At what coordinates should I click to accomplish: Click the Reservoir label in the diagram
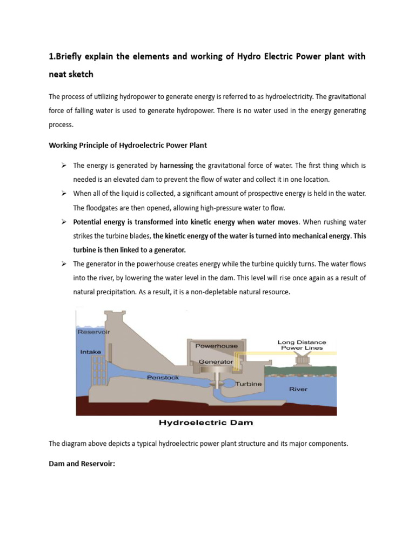click(93, 332)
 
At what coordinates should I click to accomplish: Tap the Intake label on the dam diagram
click(90, 352)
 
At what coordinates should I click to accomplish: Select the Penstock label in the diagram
click(163, 378)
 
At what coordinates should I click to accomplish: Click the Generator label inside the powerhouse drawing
click(216, 361)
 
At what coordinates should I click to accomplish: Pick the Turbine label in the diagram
click(248, 384)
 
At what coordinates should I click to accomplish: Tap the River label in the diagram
click(299, 388)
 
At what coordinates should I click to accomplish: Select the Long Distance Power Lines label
click(302, 345)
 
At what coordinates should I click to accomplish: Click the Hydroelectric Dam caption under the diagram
click(206, 422)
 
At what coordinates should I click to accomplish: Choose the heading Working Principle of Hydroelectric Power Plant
click(128, 145)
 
